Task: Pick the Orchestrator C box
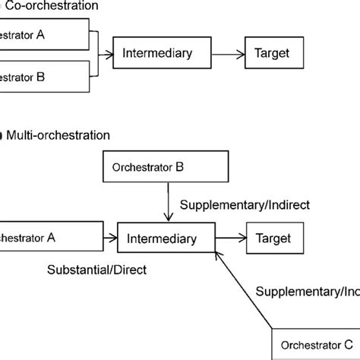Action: click(x=315, y=342)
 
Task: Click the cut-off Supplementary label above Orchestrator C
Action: click(x=307, y=291)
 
